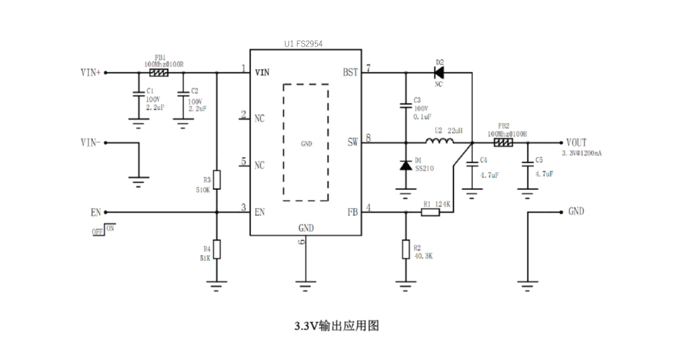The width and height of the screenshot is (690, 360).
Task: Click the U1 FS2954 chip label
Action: pyautogui.click(x=303, y=44)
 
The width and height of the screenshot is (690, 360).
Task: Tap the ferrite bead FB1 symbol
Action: pyautogui.click(x=159, y=73)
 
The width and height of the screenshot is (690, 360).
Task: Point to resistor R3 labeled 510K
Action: pyautogui.click(x=216, y=179)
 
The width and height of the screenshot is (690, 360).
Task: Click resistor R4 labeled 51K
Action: pyautogui.click(x=216, y=249)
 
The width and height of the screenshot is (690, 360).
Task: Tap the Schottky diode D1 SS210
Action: pyautogui.click(x=405, y=165)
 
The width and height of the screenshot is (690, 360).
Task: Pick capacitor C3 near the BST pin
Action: pyautogui.click(x=405, y=105)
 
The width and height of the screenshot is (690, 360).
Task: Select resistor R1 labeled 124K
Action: pyautogui.click(x=430, y=213)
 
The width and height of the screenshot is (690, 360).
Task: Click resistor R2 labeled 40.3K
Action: pyautogui.click(x=405, y=249)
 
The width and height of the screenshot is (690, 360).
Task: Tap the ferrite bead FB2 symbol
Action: pyautogui.click(x=503, y=142)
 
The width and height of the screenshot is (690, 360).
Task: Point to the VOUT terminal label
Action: pyautogui.click(x=576, y=142)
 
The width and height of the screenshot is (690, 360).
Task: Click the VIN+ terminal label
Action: pyautogui.click(x=90, y=73)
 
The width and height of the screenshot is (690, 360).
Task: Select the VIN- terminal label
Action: pyautogui.click(x=90, y=142)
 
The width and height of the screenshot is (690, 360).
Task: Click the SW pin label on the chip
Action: pyautogui.click(x=353, y=142)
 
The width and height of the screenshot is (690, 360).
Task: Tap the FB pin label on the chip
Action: pyautogui.click(x=353, y=213)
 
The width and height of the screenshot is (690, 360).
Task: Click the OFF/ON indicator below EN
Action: pyautogui.click(x=104, y=229)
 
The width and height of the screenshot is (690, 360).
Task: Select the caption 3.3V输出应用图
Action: pyautogui.click(x=337, y=326)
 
